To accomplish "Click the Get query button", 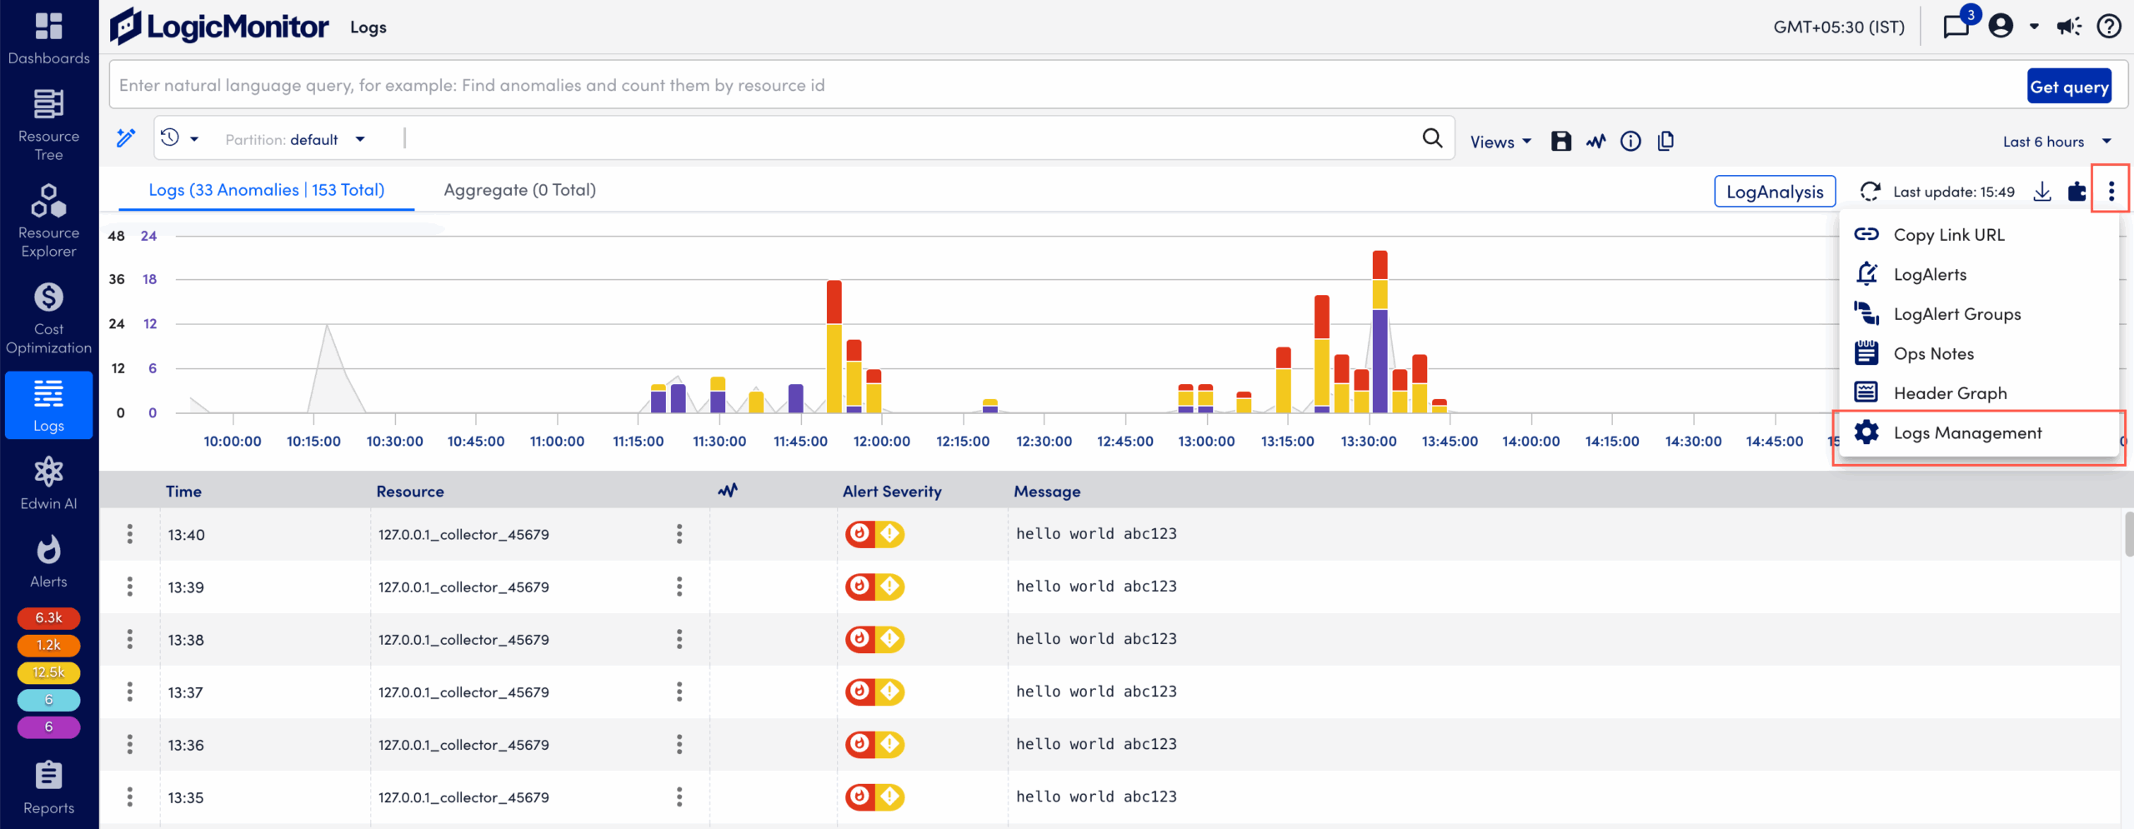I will click(x=2069, y=87).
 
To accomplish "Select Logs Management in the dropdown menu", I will click(x=1966, y=433).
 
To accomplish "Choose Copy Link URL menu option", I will click(x=1948, y=235).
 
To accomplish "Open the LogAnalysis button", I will click(x=1774, y=192).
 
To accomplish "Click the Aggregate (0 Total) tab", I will click(x=519, y=190).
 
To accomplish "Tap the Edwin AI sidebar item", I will click(x=48, y=483).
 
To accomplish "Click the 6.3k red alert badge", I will click(x=48, y=618).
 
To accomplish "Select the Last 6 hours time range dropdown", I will click(x=2056, y=142).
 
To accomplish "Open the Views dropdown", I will click(x=1500, y=142).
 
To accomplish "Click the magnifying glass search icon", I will click(x=1431, y=138).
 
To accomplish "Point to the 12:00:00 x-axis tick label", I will click(x=881, y=442).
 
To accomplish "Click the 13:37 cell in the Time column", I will click(x=185, y=692).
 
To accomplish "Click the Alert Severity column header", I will click(x=891, y=492).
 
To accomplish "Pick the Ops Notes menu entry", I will click(x=1933, y=354).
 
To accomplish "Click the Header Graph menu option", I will click(x=1949, y=393).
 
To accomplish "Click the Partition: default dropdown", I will click(x=295, y=140).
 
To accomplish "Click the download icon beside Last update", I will click(x=2041, y=192).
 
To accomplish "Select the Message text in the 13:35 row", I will click(x=1095, y=797).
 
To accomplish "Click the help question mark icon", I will click(x=2108, y=27).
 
